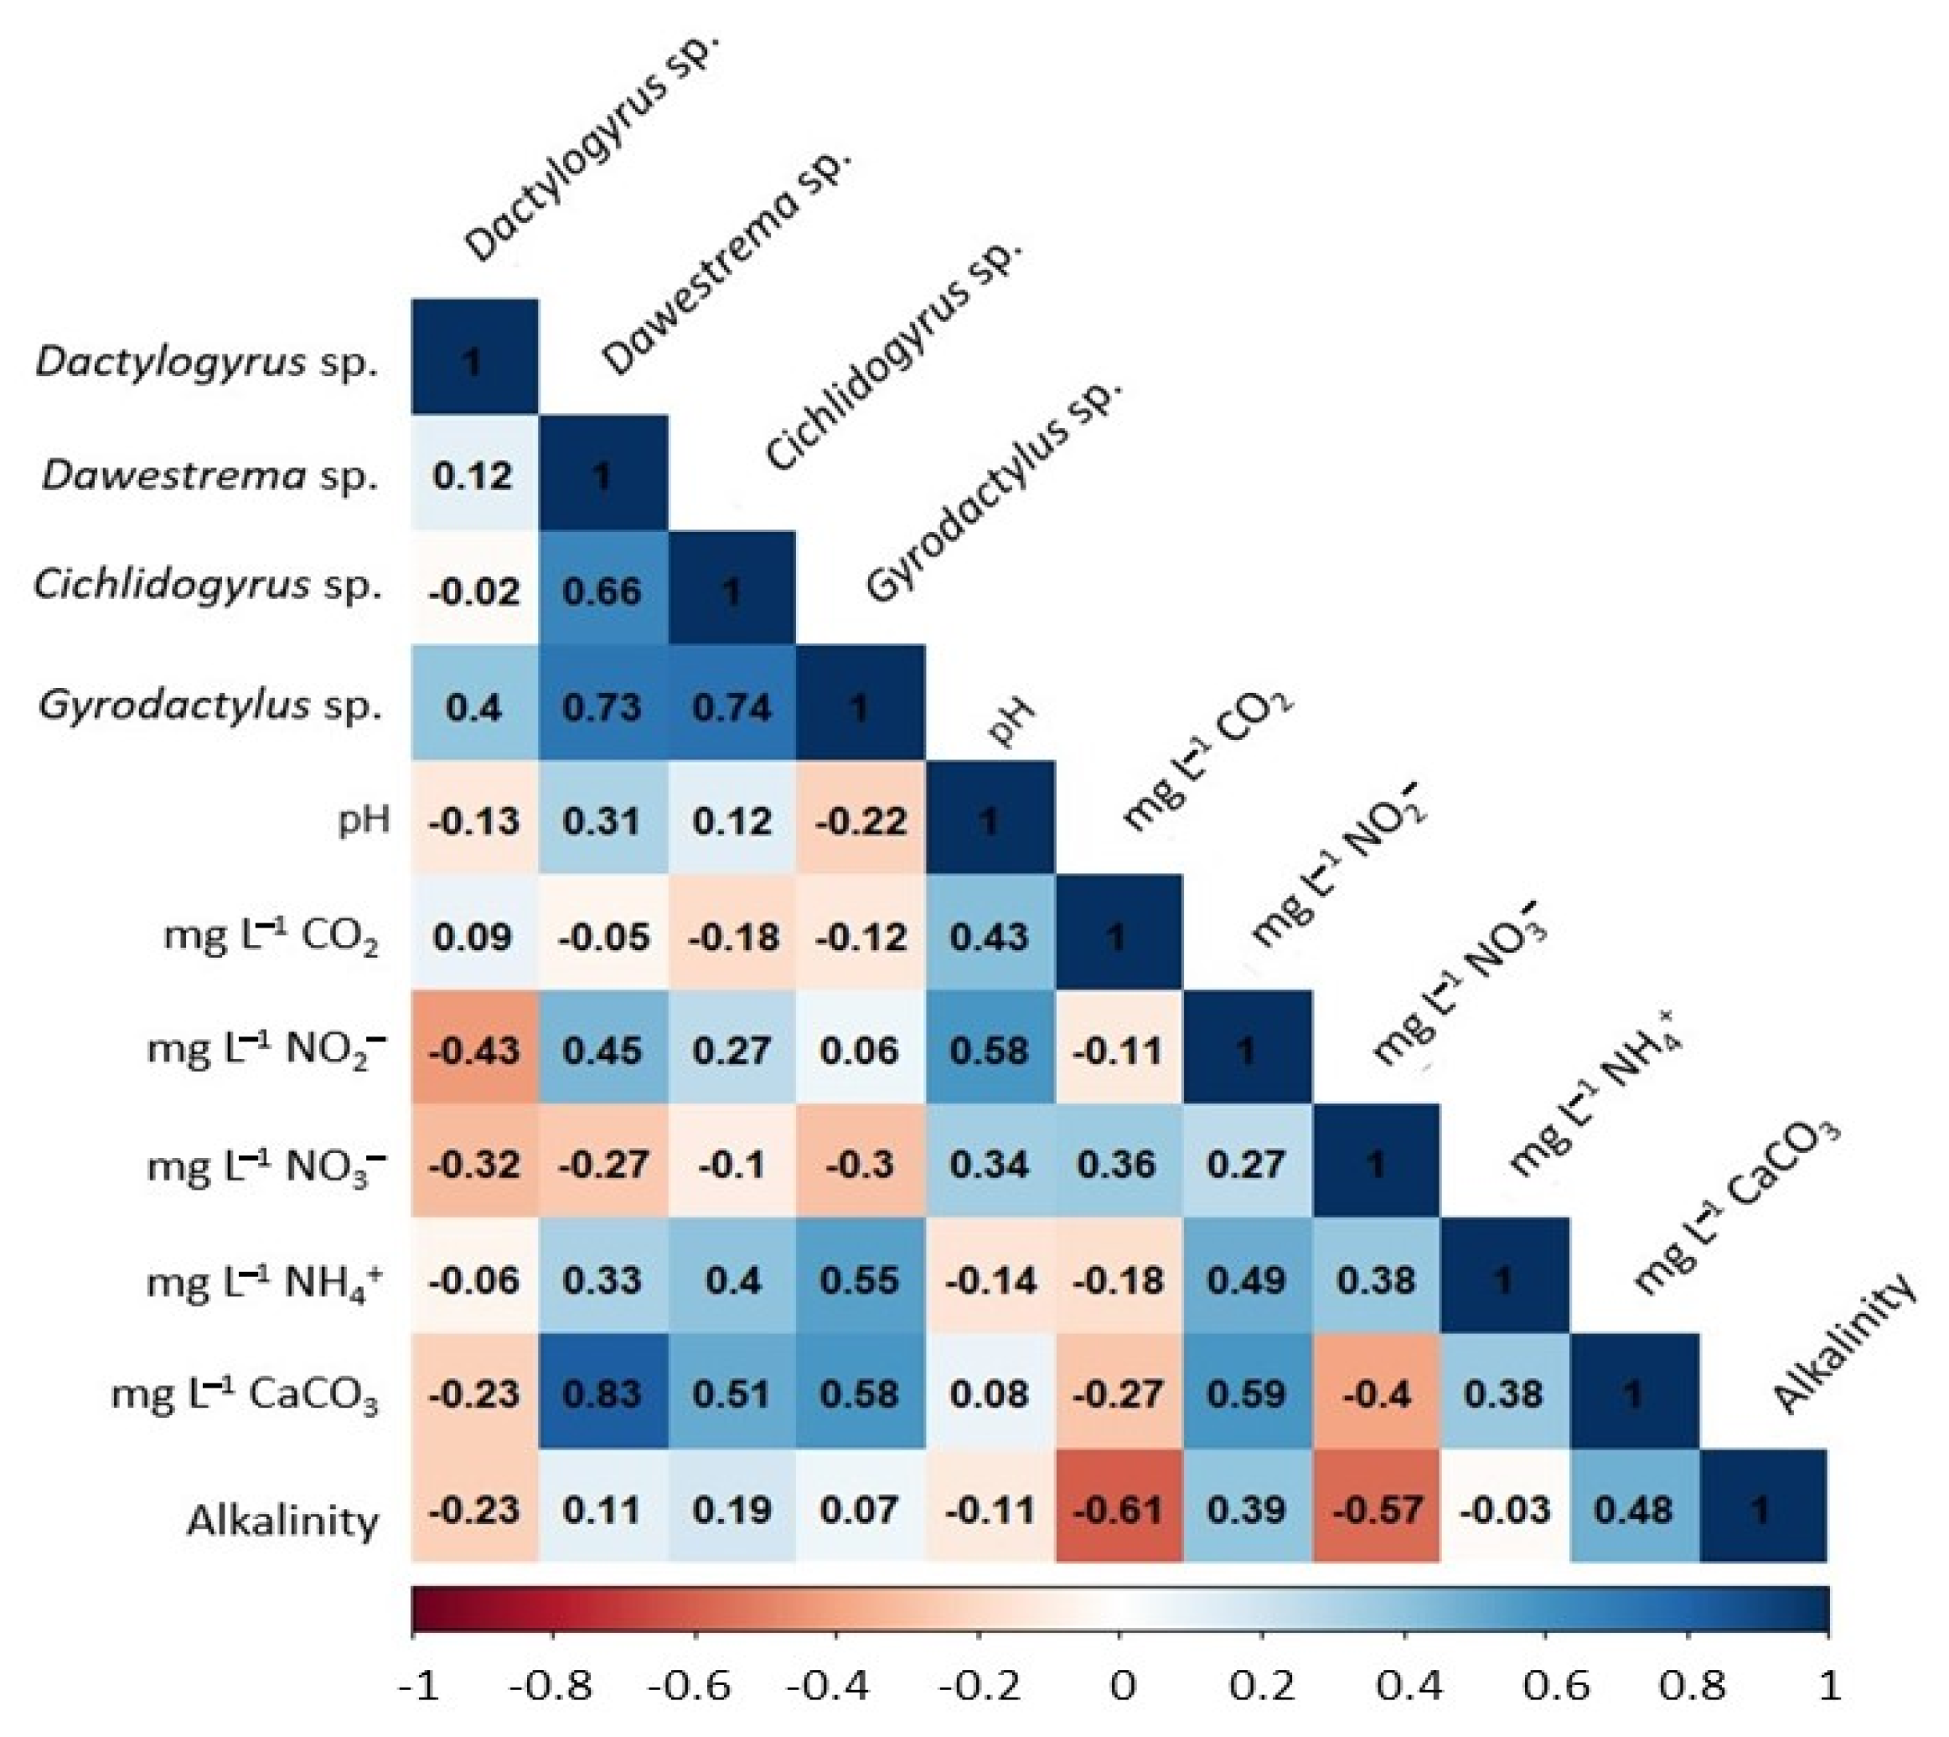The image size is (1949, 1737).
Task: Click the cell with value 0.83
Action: (x=602, y=1394)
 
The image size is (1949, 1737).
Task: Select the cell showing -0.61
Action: (x=1119, y=1510)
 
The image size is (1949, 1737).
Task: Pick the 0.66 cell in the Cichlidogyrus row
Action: (x=602, y=592)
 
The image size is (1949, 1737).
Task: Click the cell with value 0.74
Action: (x=732, y=707)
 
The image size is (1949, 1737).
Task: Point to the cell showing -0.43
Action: (x=474, y=1051)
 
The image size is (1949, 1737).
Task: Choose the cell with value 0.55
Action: (x=860, y=1279)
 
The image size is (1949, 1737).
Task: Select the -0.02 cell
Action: (x=474, y=592)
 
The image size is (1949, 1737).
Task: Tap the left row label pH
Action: (x=364, y=821)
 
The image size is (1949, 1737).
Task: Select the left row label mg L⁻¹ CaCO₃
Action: (x=246, y=1396)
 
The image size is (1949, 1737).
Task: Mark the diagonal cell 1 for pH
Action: (x=989, y=821)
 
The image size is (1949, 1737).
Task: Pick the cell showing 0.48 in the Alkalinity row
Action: (x=1633, y=1510)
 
